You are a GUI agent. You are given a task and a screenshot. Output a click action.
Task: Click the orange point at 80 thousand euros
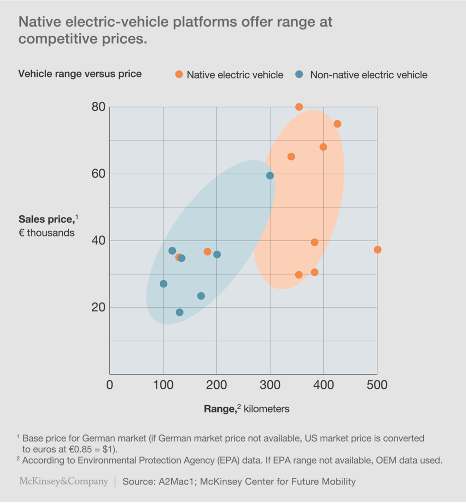point(299,107)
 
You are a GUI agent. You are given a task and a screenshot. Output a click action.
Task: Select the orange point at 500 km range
point(378,250)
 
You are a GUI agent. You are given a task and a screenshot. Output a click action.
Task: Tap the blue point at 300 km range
point(270,176)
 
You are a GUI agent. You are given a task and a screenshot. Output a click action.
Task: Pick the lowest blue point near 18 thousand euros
point(180,312)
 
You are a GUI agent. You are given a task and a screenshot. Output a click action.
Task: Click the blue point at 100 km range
point(164,284)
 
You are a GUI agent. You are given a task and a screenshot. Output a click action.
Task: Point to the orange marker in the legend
point(179,74)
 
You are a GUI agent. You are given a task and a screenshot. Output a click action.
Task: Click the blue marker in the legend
point(299,74)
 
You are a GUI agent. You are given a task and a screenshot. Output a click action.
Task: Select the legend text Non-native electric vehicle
point(369,75)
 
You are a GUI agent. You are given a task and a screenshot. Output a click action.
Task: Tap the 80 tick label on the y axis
point(98,107)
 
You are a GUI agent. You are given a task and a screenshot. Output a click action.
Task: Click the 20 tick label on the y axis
point(98,307)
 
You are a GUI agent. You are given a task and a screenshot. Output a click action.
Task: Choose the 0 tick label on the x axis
point(110,385)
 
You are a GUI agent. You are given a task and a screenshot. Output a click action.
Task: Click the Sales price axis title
point(47,219)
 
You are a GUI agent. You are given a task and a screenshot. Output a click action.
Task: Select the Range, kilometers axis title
point(246,408)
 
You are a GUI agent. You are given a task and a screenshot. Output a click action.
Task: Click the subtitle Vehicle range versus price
point(80,74)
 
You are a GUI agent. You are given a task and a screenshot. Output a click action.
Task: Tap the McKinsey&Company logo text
point(64,481)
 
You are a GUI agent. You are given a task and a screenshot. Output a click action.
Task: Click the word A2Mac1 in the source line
point(176,481)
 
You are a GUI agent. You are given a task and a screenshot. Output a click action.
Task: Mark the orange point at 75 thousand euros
point(337,124)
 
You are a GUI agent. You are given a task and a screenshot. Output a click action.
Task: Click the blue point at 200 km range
point(217,255)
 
